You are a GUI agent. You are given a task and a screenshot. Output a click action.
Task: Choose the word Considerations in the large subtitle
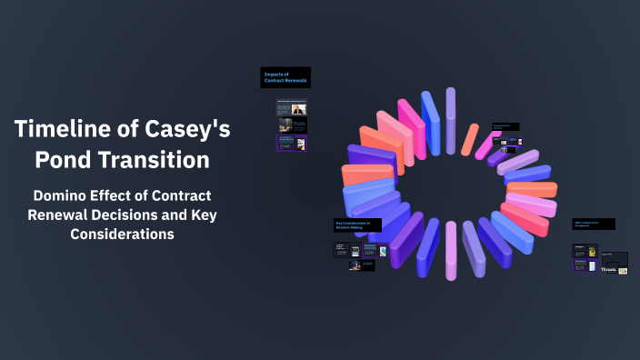tap(122, 234)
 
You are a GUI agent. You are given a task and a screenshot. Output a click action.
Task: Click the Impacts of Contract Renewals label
tap(285, 76)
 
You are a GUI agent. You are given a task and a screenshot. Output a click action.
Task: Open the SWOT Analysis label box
tap(594, 224)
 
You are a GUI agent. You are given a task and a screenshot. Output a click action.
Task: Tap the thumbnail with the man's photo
tap(299, 108)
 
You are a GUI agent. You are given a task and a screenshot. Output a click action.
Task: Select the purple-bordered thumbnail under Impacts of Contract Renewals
tap(292, 143)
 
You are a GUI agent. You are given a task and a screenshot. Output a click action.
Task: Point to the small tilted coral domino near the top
tap(470, 139)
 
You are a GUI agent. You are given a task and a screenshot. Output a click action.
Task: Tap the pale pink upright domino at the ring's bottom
tap(451, 251)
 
